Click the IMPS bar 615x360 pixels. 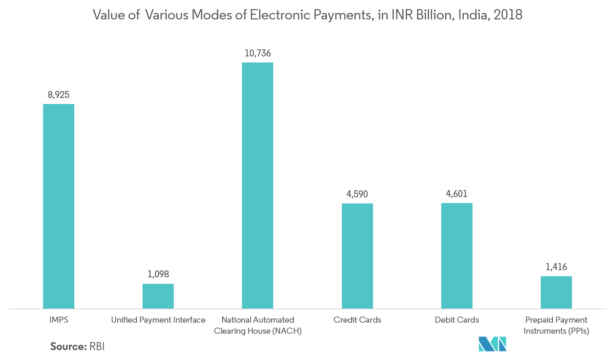click(x=58, y=206)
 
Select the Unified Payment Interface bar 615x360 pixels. click(x=158, y=296)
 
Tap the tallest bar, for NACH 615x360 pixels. click(x=258, y=186)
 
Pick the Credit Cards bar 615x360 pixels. click(x=357, y=256)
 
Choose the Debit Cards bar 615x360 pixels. click(x=456, y=256)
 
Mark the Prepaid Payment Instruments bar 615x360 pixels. click(x=556, y=292)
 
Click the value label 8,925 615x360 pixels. click(x=58, y=95)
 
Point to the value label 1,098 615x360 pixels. click(x=158, y=274)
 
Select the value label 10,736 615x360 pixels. click(x=258, y=53)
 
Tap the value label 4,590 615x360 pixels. click(x=357, y=194)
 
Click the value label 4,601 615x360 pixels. click(x=456, y=194)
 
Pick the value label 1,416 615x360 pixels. click(x=556, y=267)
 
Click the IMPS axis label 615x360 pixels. click(x=59, y=320)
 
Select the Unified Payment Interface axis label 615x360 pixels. click(x=158, y=320)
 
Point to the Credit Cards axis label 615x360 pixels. click(x=357, y=320)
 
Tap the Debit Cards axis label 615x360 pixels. click(x=457, y=320)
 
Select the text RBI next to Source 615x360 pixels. click(x=97, y=346)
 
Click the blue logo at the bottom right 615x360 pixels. click(x=492, y=344)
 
